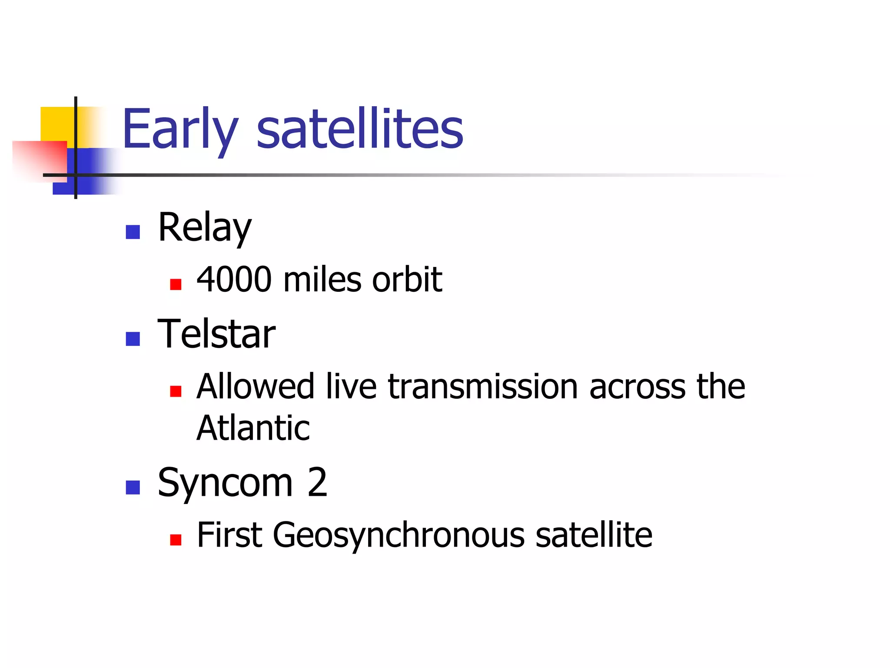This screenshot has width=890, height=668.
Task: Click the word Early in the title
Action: point(180,130)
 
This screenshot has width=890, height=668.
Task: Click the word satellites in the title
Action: point(360,130)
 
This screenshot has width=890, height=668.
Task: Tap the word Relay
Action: point(205,228)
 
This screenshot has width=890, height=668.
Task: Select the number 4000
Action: point(234,279)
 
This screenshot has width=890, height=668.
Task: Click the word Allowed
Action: point(255,386)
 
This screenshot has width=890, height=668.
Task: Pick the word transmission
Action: point(483,386)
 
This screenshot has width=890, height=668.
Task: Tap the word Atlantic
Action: point(253,428)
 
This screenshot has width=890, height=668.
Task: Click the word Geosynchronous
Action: point(398,535)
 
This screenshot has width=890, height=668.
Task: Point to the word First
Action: point(229,535)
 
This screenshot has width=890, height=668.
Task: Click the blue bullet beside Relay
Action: point(133,232)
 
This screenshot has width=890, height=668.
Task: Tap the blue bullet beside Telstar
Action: point(133,339)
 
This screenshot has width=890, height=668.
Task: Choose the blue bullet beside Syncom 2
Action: point(133,488)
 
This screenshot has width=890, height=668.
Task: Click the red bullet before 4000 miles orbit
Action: point(176,284)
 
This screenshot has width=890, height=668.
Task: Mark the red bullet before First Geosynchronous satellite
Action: point(176,540)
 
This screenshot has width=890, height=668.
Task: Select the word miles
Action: point(322,279)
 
